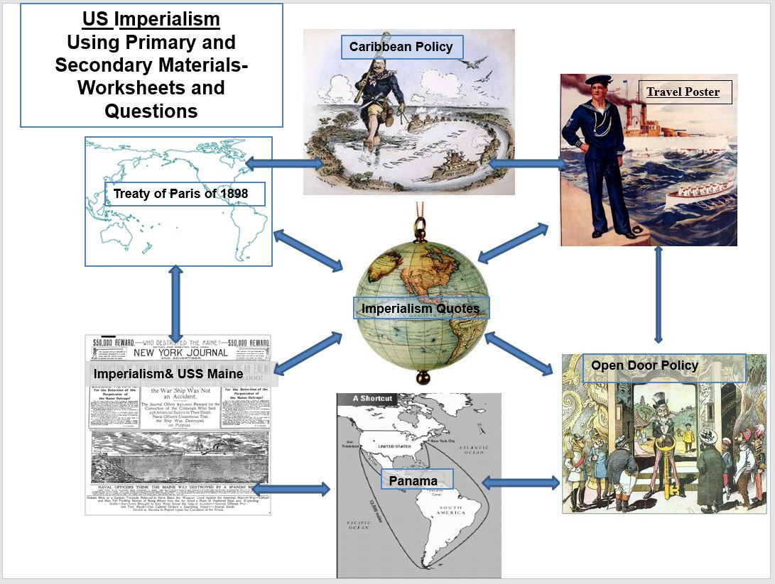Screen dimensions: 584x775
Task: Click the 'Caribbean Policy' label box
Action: [x=401, y=47]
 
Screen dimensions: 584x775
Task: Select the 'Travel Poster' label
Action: [x=683, y=92]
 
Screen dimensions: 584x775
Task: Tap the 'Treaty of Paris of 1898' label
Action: [x=185, y=194]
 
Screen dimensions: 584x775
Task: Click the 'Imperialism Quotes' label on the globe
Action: [x=420, y=308]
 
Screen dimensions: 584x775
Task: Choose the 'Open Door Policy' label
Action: [x=644, y=366]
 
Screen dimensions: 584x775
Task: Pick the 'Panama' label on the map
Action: [x=413, y=480]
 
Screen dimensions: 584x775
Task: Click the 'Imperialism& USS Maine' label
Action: [x=168, y=373]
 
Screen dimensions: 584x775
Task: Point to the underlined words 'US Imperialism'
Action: [x=151, y=19]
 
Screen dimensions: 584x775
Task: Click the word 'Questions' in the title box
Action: [x=151, y=111]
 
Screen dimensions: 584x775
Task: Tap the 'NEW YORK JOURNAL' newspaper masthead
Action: [x=180, y=352]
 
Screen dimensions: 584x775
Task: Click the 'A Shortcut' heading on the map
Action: [x=372, y=399]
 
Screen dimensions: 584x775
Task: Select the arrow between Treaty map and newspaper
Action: [x=175, y=303]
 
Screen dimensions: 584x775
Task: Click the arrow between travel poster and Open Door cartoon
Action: [x=659, y=294]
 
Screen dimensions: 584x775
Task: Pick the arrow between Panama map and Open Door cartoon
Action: [x=521, y=483]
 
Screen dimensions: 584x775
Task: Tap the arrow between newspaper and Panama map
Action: [x=291, y=488]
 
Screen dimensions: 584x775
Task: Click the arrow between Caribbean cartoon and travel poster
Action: [x=528, y=163]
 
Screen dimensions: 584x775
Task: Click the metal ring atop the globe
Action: [x=421, y=228]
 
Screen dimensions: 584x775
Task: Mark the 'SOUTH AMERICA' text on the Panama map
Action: [x=450, y=511]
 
